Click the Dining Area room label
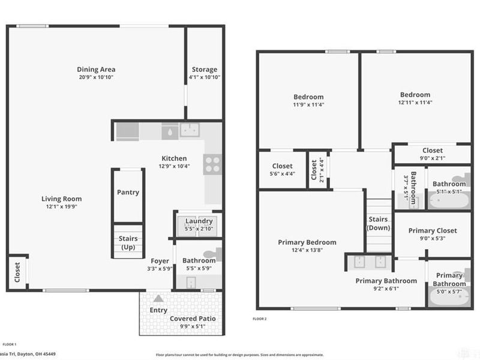coord(96,70)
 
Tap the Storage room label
coord(204,70)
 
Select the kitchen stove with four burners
coord(212,164)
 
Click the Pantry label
coord(128,193)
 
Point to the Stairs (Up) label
coord(128,243)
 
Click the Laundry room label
coord(199,221)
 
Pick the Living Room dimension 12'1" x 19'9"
coord(61,206)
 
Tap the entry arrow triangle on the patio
coord(158,298)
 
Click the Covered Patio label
coord(192,318)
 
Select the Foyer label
coord(160,261)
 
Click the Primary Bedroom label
coord(307,242)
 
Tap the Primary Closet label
coord(433,230)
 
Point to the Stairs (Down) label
coord(378,224)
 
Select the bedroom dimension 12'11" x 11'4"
coord(415,102)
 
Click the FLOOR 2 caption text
coord(259,319)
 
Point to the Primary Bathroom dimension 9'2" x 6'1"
coord(386,288)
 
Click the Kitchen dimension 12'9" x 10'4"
coord(174,166)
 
